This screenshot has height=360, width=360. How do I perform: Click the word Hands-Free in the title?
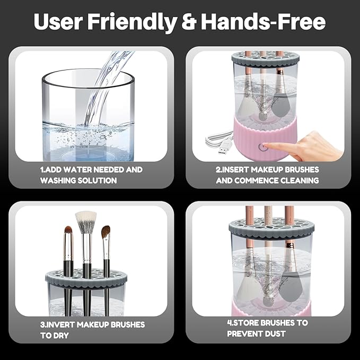[x=264, y=21]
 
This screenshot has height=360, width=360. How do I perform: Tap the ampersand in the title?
[x=189, y=22]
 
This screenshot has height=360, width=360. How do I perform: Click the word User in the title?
[x=58, y=22]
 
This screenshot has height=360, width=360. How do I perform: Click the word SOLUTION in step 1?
[x=97, y=180]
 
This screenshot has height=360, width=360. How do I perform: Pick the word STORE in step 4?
[x=245, y=323]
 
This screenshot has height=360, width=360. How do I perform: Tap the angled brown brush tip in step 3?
[x=106, y=232]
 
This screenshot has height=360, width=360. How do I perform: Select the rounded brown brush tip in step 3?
[x=68, y=231]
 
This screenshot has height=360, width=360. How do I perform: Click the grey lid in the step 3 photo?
[x=86, y=278]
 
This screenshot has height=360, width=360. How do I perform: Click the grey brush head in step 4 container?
[x=289, y=287]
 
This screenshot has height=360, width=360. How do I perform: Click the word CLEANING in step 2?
[x=300, y=180]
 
